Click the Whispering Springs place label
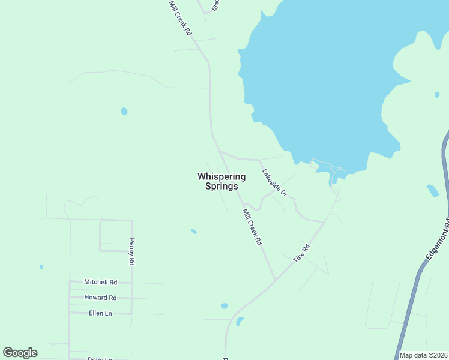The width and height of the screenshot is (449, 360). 221,181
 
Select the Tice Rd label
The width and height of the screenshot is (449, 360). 301,252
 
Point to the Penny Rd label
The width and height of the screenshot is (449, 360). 131,252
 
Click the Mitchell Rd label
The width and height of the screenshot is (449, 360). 100,282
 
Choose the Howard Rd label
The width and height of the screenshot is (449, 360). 100,298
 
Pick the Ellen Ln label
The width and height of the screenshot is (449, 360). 100,313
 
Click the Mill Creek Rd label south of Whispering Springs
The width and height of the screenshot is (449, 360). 252,226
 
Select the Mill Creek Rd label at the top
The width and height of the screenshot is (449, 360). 179,18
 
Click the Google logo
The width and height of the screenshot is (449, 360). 20,353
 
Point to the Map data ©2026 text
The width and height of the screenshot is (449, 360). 423,355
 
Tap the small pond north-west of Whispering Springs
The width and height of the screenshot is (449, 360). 124,111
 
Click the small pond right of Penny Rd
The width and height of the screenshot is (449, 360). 193,231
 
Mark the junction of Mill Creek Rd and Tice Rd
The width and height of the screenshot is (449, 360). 276,280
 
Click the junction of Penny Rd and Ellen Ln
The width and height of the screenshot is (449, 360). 131,313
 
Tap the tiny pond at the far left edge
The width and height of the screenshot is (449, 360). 41,267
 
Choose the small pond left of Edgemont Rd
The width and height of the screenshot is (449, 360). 432,191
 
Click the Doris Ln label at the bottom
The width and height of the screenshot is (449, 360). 100,358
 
